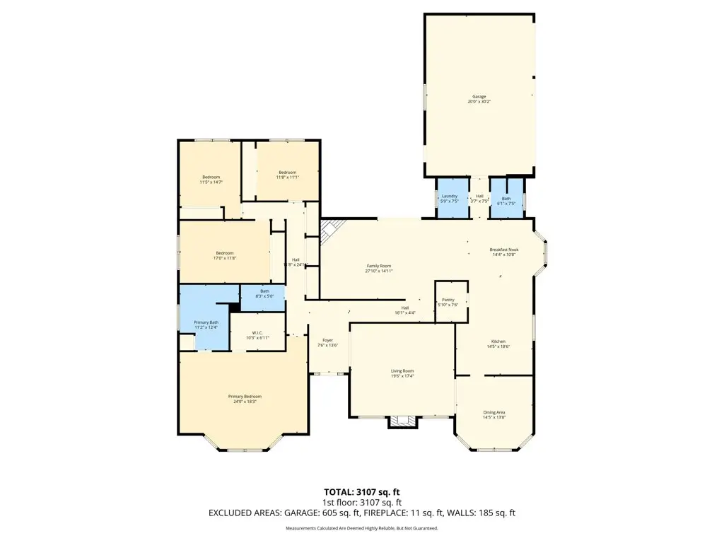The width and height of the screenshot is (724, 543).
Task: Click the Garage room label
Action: pyautogui.click(x=479, y=97)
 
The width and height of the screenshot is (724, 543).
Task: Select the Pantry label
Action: pyautogui.click(x=448, y=300)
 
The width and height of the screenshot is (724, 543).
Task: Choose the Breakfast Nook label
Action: pyautogui.click(x=503, y=250)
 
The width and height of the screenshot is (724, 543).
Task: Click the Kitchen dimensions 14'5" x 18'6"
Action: pyautogui.click(x=498, y=346)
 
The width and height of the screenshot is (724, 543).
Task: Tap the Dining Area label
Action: pyautogui.click(x=494, y=412)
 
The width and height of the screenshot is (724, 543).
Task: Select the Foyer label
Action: pyautogui.click(x=328, y=340)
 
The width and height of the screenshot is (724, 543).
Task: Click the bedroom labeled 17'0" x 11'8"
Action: pyautogui.click(x=224, y=253)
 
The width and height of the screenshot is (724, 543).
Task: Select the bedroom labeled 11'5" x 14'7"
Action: pyautogui.click(x=211, y=177)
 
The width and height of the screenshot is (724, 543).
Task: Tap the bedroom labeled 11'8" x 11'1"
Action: pyautogui.click(x=287, y=173)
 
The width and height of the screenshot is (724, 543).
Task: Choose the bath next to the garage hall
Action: pyautogui.click(x=506, y=199)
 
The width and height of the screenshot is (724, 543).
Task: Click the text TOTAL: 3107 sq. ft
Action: pyautogui.click(x=361, y=491)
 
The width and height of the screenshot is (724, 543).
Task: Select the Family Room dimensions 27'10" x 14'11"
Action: pyautogui.click(x=378, y=271)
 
